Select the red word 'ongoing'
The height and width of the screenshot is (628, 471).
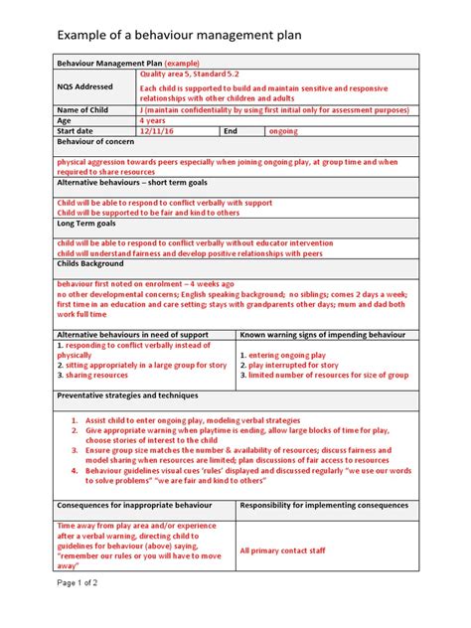pyautogui.click(x=283, y=131)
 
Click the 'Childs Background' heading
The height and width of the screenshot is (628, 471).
pyautogui.click(x=90, y=264)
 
